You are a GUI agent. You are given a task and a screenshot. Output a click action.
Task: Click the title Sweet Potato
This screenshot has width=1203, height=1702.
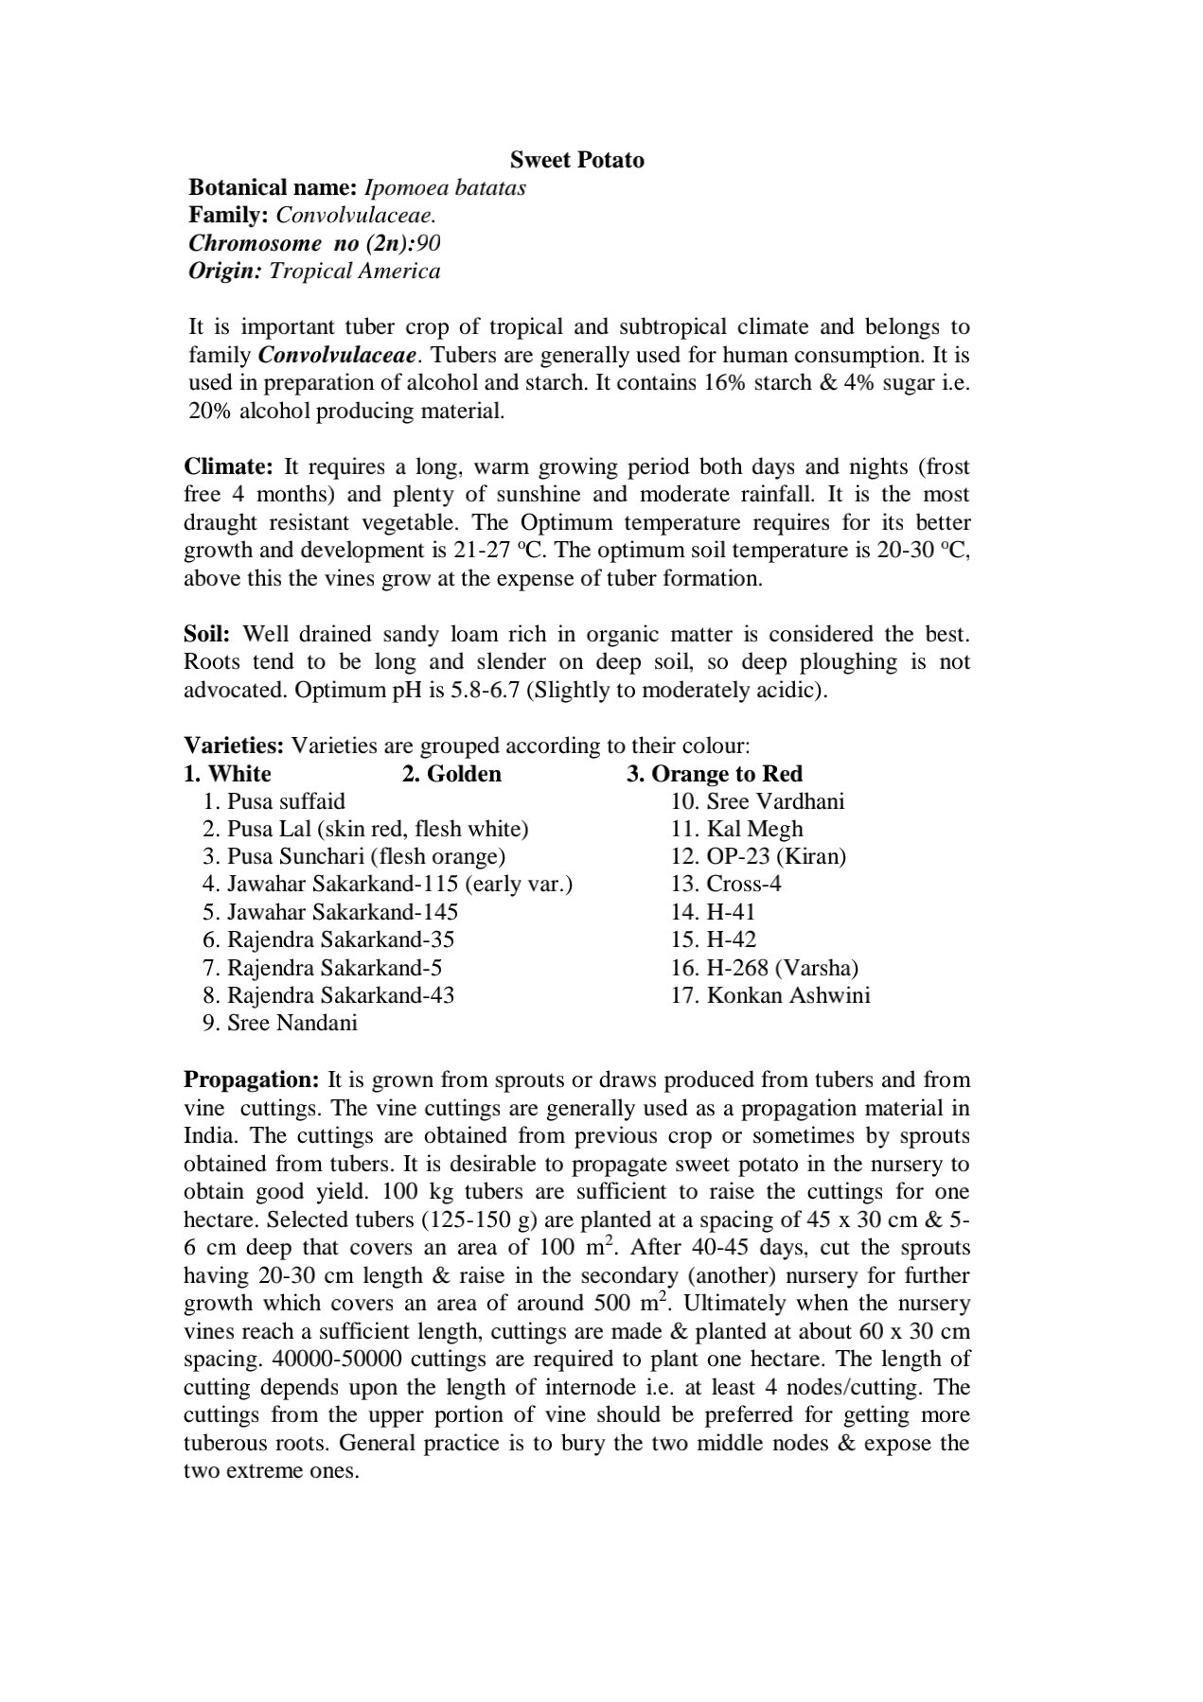576,160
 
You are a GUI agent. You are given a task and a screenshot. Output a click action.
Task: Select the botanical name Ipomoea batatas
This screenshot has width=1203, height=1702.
445,187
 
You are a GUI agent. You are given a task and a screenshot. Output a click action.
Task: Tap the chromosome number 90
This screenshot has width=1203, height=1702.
428,243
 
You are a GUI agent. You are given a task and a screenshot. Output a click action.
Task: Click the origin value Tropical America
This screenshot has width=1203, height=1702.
354,272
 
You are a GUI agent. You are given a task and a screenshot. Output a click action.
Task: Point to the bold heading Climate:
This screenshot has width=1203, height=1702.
228,466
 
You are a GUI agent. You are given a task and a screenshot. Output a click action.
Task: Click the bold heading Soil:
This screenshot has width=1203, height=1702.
206,634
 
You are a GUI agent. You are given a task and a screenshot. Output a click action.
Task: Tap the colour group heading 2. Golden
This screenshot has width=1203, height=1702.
451,774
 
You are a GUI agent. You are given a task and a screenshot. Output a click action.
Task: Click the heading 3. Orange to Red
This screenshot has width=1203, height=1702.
714,774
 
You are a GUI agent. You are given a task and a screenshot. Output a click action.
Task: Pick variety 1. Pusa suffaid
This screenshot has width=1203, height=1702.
274,801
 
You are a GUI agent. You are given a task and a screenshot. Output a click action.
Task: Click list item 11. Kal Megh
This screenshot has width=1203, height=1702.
736,830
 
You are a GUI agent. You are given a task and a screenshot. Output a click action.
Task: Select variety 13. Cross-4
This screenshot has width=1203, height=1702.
726,885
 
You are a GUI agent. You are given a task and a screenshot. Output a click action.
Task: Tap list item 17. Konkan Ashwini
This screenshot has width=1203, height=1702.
770,995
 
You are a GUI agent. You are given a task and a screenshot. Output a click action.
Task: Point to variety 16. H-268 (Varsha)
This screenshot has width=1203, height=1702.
765,968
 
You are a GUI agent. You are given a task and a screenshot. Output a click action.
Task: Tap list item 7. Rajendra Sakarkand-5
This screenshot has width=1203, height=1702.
322,968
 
